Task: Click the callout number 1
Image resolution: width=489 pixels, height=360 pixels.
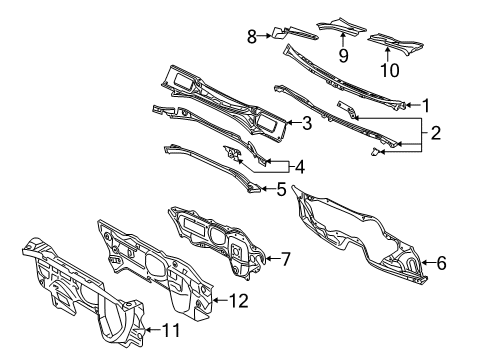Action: click(426, 106)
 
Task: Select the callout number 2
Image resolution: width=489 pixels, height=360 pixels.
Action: click(436, 133)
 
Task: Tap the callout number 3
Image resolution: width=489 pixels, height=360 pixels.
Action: click(307, 123)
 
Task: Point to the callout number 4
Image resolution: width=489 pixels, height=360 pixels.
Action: click(300, 167)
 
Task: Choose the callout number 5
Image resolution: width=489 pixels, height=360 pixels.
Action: click(282, 189)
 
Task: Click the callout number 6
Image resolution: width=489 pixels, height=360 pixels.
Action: click(442, 263)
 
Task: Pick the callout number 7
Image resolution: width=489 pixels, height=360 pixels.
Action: click(286, 259)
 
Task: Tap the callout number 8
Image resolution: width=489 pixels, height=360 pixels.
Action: click(252, 36)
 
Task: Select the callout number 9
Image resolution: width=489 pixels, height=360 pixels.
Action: click(344, 55)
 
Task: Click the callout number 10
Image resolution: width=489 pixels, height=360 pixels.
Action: click(389, 70)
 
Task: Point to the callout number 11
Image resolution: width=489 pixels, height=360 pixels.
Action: click(171, 330)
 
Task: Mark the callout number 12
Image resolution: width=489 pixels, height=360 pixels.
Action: click(239, 301)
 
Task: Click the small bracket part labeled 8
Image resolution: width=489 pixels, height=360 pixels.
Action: click(294, 33)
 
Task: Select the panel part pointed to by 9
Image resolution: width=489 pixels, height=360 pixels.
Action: click(341, 26)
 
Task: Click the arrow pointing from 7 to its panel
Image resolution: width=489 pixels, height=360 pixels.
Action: click(272, 258)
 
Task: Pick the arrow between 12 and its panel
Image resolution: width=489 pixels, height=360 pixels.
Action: click(220, 300)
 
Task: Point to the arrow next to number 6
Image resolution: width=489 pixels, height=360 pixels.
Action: click(429, 263)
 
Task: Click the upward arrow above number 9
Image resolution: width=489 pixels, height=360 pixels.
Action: click(343, 40)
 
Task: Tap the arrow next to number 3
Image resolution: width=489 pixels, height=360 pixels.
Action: click(294, 123)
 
